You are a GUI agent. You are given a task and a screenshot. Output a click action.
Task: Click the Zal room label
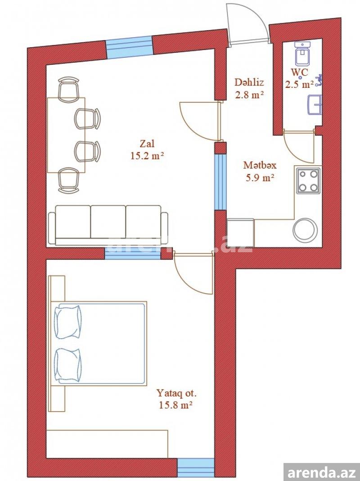[x=147, y=144]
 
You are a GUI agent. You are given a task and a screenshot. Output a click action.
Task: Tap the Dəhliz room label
[x=249, y=82]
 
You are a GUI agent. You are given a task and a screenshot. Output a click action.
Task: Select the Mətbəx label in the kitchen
[x=260, y=165]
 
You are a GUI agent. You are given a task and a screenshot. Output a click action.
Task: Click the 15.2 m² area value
[x=147, y=156]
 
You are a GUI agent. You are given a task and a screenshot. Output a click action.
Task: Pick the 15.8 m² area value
[x=175, y=405]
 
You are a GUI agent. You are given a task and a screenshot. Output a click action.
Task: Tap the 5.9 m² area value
[x=260, y=178]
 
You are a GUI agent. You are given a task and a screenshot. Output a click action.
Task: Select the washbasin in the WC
[x=315, y=104]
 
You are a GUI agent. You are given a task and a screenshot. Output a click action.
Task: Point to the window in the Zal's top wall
[x=129, y=47]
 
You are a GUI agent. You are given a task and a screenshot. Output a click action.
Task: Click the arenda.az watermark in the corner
[x=322, y=472]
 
